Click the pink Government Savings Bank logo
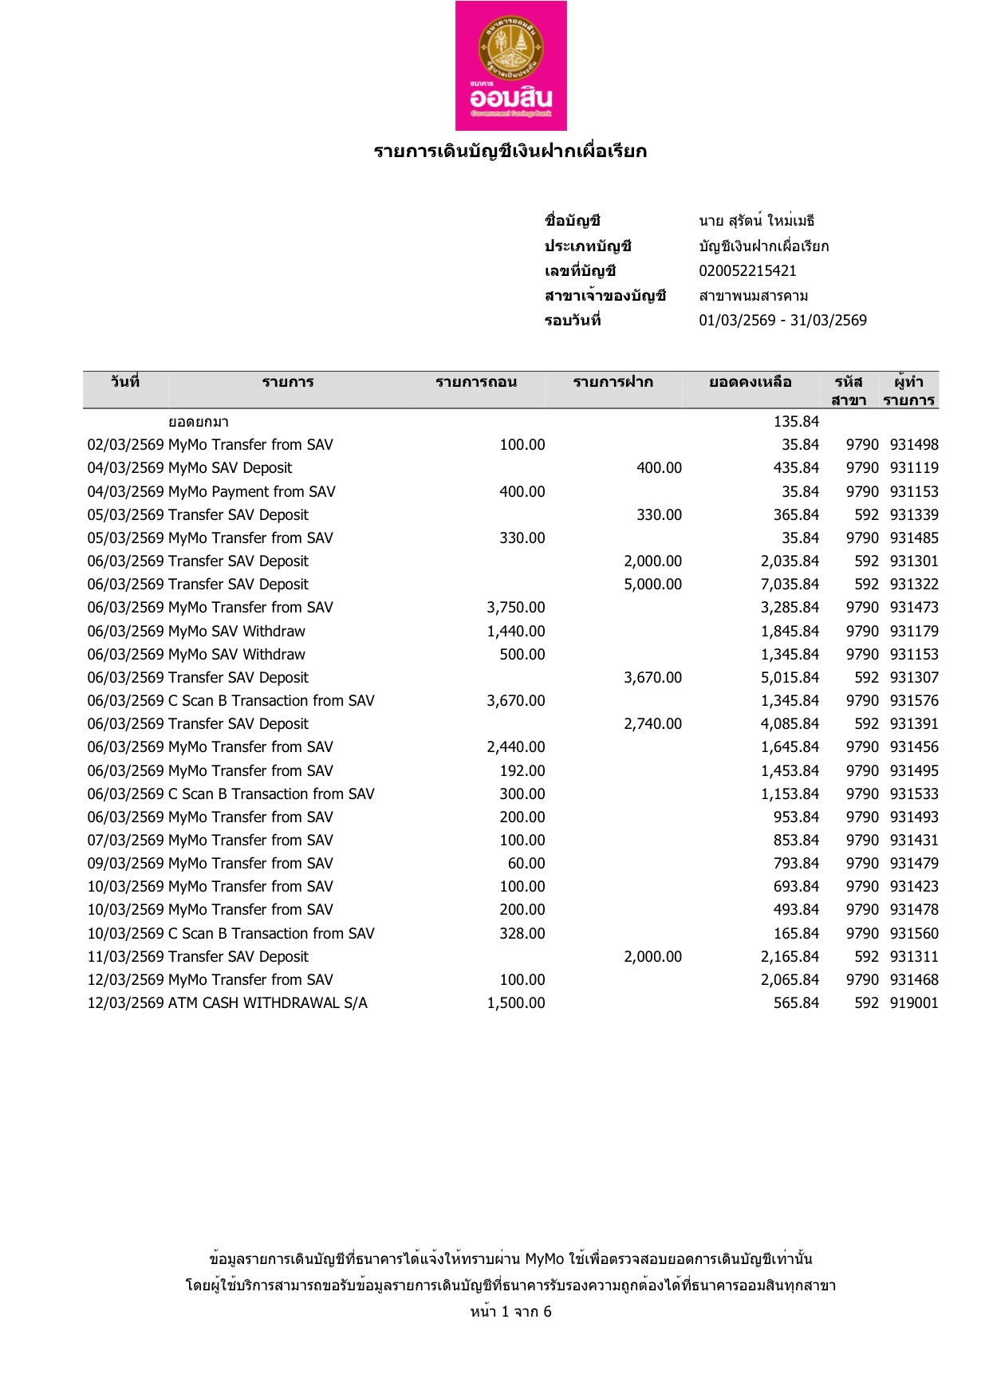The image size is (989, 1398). coord(510,65)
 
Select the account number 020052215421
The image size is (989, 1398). coord(747,271)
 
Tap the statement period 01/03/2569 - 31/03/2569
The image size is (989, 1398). coord(782,321)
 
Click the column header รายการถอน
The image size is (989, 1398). coord(476,382)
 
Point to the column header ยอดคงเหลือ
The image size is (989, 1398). coord(750,382)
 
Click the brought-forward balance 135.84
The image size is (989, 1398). coord(796,422)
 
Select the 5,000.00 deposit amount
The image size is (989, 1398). coord(652,585)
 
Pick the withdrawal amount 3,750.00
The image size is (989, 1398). coord(516,608)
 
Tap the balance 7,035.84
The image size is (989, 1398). coord(790,585)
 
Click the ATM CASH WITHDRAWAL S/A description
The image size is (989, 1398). coord(268,1003)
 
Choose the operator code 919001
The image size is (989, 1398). coord(914,1003)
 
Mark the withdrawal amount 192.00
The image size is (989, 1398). coord(522,771)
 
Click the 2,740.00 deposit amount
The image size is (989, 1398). coord(652,724)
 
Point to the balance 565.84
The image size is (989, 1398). coord(796,1003)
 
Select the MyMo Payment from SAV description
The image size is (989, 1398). coord(252,492)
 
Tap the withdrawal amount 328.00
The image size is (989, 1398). coord(522,934)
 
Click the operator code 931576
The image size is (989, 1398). coord(914,701)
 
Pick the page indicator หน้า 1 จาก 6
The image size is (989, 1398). coord(510,1312)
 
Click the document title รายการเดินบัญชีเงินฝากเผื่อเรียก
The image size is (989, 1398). coord(510,152)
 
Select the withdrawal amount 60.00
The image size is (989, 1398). coord(526,864)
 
